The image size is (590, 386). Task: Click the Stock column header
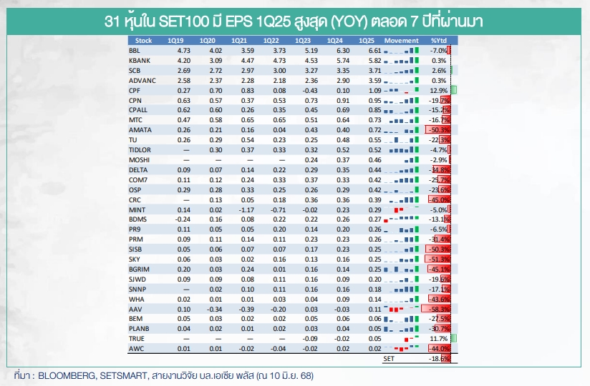pyautogui.click(x=143, y=41)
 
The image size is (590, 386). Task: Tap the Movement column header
pyautogui.click(x=401, y=41)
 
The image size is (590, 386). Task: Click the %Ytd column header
pyautogui.click(x=438, y=41)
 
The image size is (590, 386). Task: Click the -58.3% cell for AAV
pyautogui.click(x=437, y=309)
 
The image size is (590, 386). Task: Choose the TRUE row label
pyautogui.click(x=137, y=338)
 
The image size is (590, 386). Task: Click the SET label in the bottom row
pyautogui.click(x=389, y=358)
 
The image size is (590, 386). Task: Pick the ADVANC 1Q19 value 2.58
pyautogui.click(x=183, y=81)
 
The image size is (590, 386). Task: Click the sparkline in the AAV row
pyautogui.click(x=400, y=309)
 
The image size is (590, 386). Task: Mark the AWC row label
pyautogui.click(x=136, y=348)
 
